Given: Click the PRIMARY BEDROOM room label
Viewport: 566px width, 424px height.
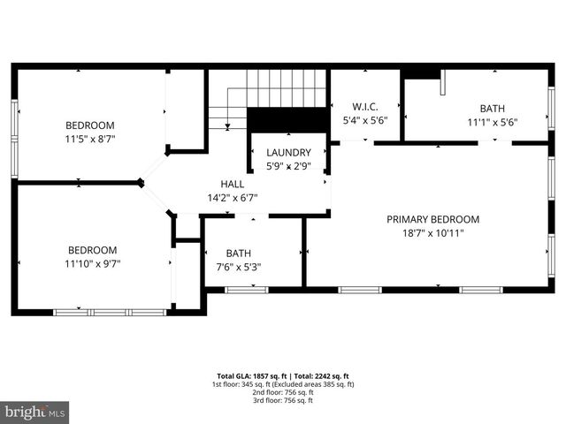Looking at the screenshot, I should [x=432, y=219].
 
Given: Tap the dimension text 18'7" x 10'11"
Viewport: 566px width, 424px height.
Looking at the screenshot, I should [x=432, y=233].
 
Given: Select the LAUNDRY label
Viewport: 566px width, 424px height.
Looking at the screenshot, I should [x=288, y=152].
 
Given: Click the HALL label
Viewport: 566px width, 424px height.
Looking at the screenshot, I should [x=232, y=184].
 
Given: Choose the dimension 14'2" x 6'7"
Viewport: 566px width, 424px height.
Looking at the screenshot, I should [x=232, y=198].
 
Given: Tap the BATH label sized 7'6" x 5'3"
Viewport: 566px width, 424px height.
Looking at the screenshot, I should [x=238, y=253].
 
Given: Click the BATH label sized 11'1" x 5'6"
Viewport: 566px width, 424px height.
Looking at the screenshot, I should [x=493, y=109].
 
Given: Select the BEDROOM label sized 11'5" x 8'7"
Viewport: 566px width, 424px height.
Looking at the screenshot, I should [x=90, y=125].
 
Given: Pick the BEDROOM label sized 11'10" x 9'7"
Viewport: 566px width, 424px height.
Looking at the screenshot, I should [x=93, y=250].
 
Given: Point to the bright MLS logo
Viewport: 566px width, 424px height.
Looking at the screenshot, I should [x=34, y=412].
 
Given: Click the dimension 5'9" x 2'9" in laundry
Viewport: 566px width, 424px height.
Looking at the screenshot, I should [x=288, y=166].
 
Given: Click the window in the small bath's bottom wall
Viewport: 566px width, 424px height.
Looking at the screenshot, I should [x=246, y=289].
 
